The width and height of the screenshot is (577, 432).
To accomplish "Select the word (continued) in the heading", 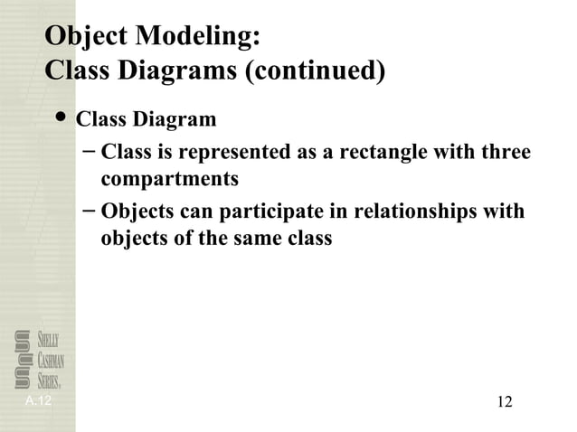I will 317,70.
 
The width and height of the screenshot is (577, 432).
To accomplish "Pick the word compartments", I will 169,179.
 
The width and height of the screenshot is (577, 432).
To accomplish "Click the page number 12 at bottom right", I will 505,401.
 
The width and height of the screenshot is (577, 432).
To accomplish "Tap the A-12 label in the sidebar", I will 38,399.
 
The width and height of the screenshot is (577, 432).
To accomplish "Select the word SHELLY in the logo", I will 49,340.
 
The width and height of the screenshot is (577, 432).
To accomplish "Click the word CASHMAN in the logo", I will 52,360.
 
